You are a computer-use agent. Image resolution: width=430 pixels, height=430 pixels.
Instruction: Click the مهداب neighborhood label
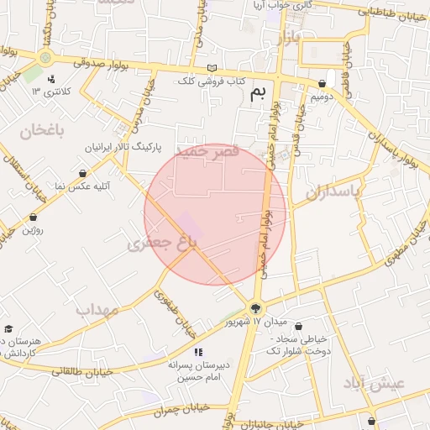[97, 310]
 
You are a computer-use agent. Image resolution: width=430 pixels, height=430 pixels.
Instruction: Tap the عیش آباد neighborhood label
[374, 384]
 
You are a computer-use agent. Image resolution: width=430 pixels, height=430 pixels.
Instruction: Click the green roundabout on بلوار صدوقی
[45, 58]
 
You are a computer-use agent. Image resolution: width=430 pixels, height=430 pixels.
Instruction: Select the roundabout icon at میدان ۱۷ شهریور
[255, 307]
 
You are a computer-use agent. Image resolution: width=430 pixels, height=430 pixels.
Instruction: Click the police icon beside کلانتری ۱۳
[52, 80]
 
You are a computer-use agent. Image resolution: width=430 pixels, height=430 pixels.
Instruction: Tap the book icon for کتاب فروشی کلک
[212, 68]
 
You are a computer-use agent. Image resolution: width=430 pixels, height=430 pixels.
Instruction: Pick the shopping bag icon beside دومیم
[323, 84]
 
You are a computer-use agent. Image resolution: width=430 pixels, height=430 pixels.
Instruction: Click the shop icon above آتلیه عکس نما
[82, 173]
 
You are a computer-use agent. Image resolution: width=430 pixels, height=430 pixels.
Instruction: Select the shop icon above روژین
[33, 217]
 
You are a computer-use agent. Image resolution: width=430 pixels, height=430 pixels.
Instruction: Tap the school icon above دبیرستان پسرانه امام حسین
[198, 353]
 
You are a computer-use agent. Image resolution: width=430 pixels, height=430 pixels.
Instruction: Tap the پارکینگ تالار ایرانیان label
[122, 147]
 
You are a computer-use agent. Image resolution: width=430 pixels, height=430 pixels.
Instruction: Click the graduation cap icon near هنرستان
[8, 328]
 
